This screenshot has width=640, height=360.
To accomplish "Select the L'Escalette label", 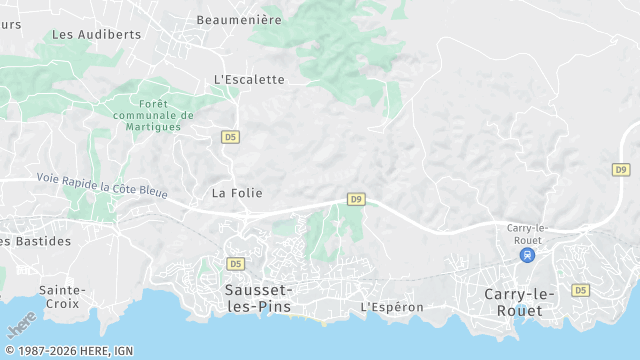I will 249,80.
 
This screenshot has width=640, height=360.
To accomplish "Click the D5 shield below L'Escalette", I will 231,137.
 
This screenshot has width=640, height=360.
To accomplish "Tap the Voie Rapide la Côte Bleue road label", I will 102,184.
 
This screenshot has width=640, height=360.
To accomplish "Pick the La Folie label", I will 236,192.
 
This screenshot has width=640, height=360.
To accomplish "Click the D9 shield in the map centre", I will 356,199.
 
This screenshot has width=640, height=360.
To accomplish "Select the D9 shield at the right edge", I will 621,170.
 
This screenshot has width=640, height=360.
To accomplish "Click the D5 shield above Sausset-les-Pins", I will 235,264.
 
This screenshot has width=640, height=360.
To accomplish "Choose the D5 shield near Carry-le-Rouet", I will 580,290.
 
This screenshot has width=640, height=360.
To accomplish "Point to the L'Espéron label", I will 392,307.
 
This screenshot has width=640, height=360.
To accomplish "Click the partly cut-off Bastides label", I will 36,241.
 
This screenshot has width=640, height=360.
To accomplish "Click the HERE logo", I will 22,325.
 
